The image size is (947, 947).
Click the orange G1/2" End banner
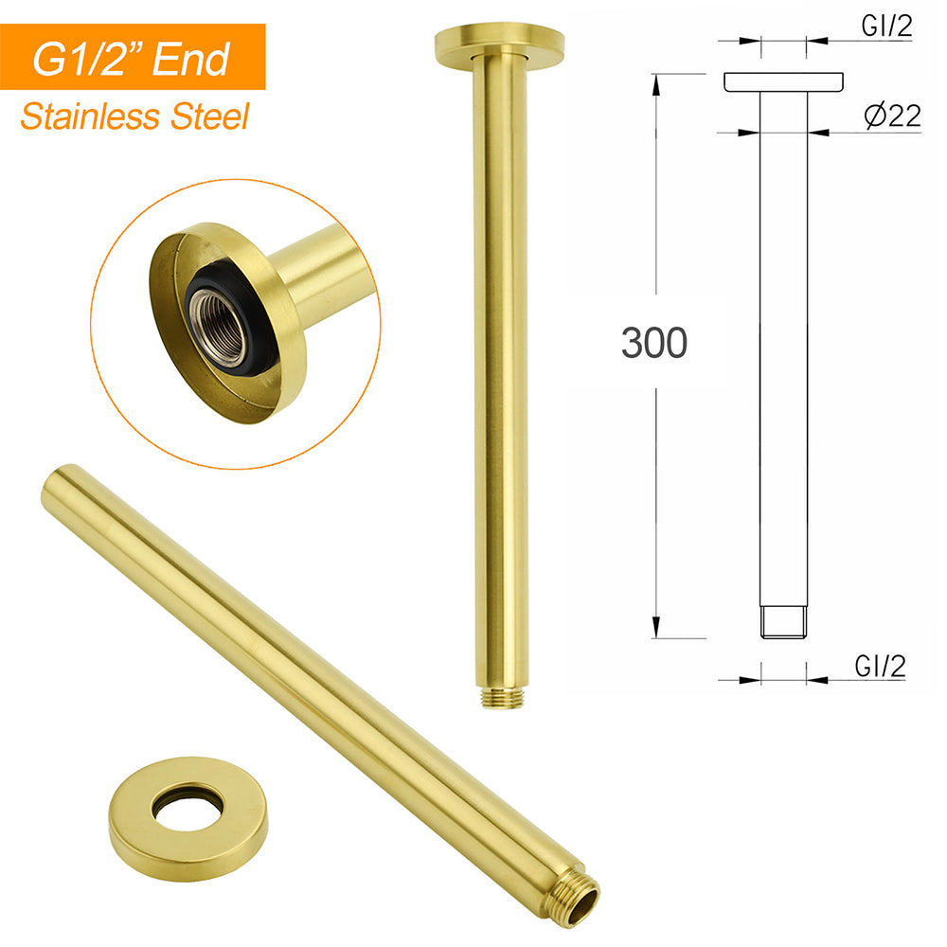pyautogui.click(x=133, y=57)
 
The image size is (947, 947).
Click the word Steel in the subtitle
pyautogui.click(x=209, y=116)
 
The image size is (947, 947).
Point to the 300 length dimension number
pyautogui.click(x=654, y=343)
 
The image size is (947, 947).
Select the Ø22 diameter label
pyautogui.click(x=892, y=116)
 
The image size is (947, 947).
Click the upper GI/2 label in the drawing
pyautogui.click(x=886, y=26)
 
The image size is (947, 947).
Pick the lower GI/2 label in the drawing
pyautogui.click(x=880, y=666)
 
